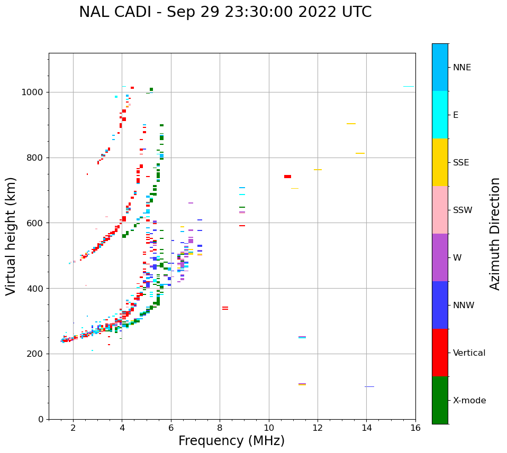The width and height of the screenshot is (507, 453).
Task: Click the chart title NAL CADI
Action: pyautogui.click(x=225, y=12)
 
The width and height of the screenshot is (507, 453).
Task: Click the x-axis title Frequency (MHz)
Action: pyautogui.click(x=232, y=441)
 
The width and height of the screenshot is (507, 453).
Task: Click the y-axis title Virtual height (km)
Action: pyautogui.click(x=11, y=236)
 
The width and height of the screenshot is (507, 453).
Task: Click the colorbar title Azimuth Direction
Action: pyautogui.click(x=495, y=234)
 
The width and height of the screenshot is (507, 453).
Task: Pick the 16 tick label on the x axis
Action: pyautogui.click(x=415, y=428)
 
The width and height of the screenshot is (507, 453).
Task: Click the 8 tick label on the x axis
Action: pyautogui.click(x=220, y=428)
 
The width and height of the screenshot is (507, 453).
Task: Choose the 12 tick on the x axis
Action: pyautogui.click(x=318, y=428)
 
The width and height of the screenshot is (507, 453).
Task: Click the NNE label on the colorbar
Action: pyautogui.click(x=461, y=68)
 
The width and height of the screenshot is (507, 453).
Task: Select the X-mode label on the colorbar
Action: pyautogui.click(x=469, y=401)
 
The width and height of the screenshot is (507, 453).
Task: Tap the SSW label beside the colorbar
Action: pyautogui.click(x=463, y=210)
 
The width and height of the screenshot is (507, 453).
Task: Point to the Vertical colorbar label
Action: pyautogui.click(x=469, y=353)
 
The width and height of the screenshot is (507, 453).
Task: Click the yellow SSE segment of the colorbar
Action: pyautogui.click(x=440, y=162)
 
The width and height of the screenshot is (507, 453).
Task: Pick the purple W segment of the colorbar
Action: pyautogui.click(x=440, y=257)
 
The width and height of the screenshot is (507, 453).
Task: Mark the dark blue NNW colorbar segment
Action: pyautogui.click(x=440, y=305)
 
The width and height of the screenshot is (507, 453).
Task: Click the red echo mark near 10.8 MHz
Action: pyautogui.click(x=287, y=177)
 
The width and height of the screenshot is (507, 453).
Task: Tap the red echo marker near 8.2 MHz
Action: pyautogui.click(x=225, y=308)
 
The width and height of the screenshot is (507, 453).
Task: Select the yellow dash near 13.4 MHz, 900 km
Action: pyautogui.click(x=351, y=124)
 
